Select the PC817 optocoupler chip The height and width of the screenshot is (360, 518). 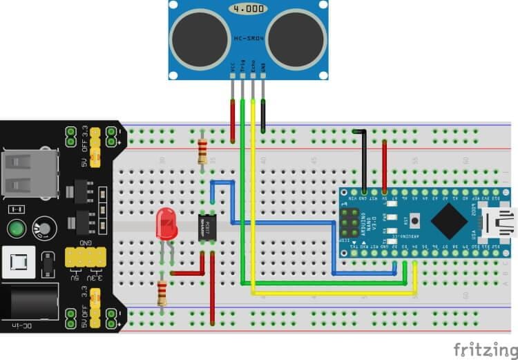click(207, 227)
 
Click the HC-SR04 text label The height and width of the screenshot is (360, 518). click(248, 39)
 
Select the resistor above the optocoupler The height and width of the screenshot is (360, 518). click(202, 148)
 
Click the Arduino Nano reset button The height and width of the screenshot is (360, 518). click(415, 221)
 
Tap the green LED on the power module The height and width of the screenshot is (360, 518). click(16, 228)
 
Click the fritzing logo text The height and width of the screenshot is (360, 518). click(483, 348)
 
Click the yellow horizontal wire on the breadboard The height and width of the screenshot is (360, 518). click(332, 292)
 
